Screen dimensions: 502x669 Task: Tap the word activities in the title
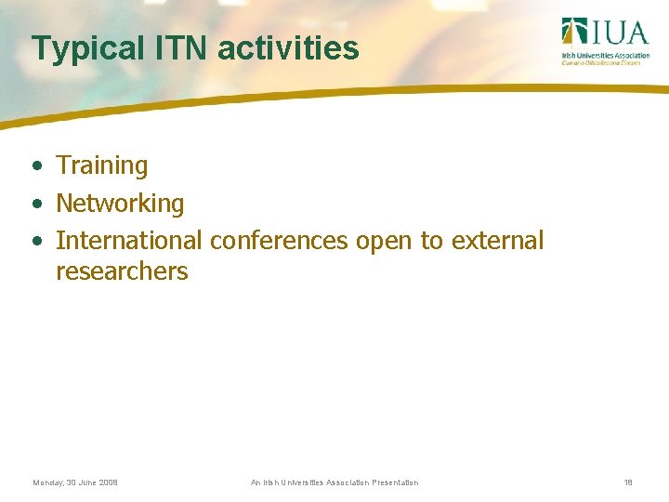(288, 48)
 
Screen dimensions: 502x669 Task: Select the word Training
(102, 166)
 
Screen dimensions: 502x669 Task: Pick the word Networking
(120, 204)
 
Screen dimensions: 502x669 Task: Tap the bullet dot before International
(35, 242)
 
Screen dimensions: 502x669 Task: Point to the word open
(384, 242)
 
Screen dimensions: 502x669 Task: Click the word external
(497, 241)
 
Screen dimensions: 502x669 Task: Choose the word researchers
(122, 272)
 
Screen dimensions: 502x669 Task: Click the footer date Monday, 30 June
(75, 482)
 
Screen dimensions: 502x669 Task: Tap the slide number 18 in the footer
(628, 482)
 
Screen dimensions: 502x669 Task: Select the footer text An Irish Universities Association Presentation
(334, 482)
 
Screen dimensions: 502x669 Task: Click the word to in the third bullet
(431, 241)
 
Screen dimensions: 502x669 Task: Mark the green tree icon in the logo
(573, 31)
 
